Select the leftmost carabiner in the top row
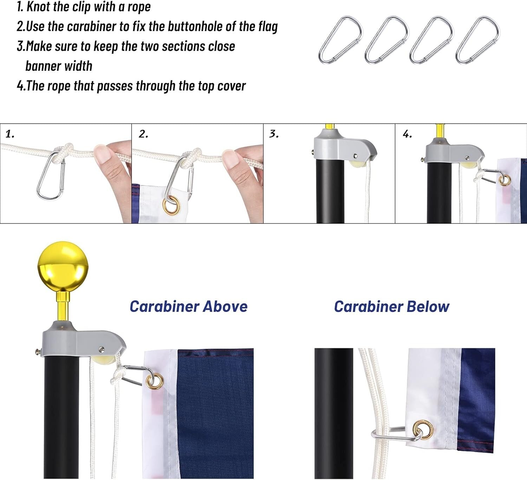click(x=340, y=40)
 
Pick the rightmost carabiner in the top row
click(x=478, y=40)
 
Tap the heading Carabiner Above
click(x=189, y=307)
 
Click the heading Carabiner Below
click(x=391, y=307)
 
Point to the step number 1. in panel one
click(x=10, y=134)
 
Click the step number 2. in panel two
click(x=143, y=134)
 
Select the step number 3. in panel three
click(x=274, y=134)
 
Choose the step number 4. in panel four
click(x=407, y=134)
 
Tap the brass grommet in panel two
click(x=171, y=206)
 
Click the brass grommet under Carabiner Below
click(x=423, y=430)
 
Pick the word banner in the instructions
click(x=43, y=66)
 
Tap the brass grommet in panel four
click(x=505, y=180)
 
